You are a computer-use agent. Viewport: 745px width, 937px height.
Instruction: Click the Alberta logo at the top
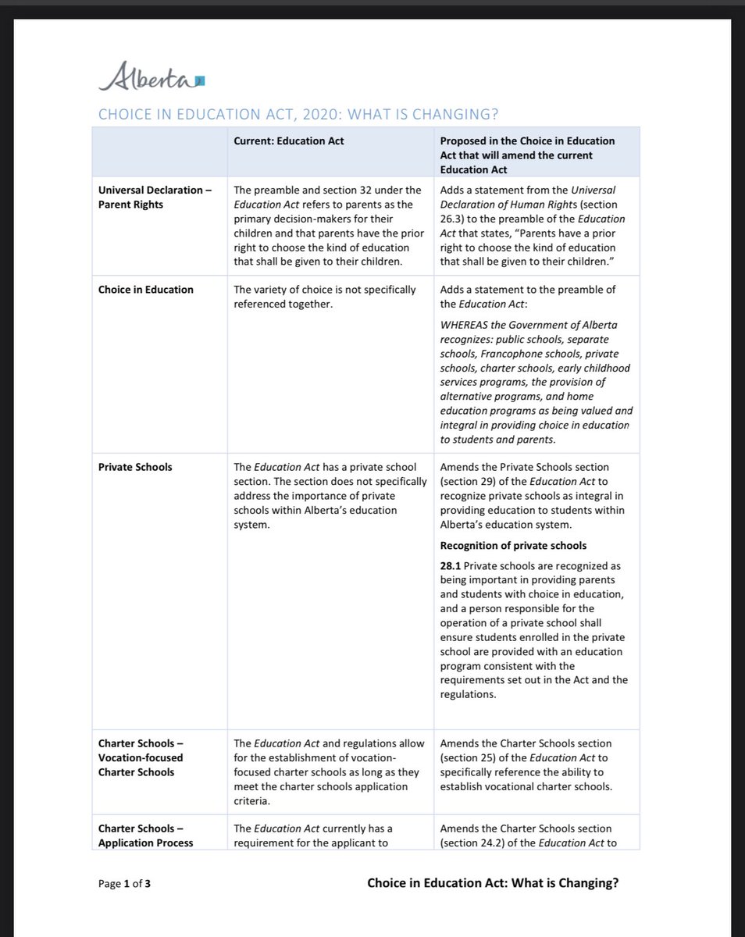[151, 78]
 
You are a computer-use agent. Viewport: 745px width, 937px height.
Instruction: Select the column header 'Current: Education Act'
[289, 141]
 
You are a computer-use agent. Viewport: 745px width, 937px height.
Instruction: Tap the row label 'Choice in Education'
[145, 290]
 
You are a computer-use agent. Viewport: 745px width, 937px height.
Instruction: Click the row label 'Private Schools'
[135, 467]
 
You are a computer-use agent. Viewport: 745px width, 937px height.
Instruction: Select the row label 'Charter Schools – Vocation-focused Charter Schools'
[141, 757]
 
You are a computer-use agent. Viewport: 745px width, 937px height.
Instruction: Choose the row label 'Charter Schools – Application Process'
[145, 835]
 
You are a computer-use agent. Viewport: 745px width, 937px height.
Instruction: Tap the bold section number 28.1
[451, 565]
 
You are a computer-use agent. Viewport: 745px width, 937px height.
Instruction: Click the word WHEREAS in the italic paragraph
[465, 325]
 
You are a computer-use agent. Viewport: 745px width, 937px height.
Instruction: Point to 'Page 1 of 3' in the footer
[130, 884]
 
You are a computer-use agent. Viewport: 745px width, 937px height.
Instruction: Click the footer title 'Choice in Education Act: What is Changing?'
[493, 883]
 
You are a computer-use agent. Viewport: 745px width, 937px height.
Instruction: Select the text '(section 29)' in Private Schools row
[469, 482]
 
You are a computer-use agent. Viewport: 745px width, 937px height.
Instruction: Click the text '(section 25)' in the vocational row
[469, 758]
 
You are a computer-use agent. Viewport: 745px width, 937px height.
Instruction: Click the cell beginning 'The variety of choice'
[325, 297]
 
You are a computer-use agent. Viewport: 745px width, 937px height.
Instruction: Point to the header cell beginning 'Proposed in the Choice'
[528, 155]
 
